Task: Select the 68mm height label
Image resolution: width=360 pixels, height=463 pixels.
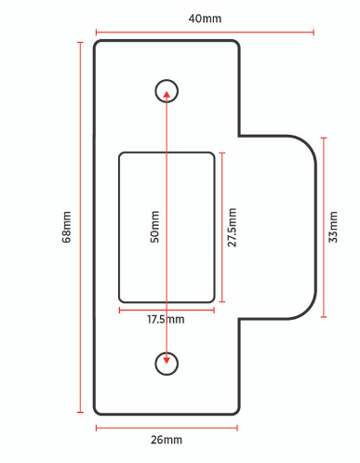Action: [66, 227]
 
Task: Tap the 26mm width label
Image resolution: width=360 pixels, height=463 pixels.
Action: [167, 440]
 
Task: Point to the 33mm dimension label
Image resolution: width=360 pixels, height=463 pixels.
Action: [334, 227]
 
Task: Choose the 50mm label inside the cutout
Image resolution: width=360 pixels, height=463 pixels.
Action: [155, 227]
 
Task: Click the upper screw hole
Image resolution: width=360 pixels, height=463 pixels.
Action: [167, 90]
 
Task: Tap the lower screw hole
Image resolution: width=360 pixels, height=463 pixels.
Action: [167, 364]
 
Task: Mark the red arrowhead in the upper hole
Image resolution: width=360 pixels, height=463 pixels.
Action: [167, 92]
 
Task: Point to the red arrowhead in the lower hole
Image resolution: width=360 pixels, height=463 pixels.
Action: [167, 361]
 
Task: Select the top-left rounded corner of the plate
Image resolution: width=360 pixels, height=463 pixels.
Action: [100, 46]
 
